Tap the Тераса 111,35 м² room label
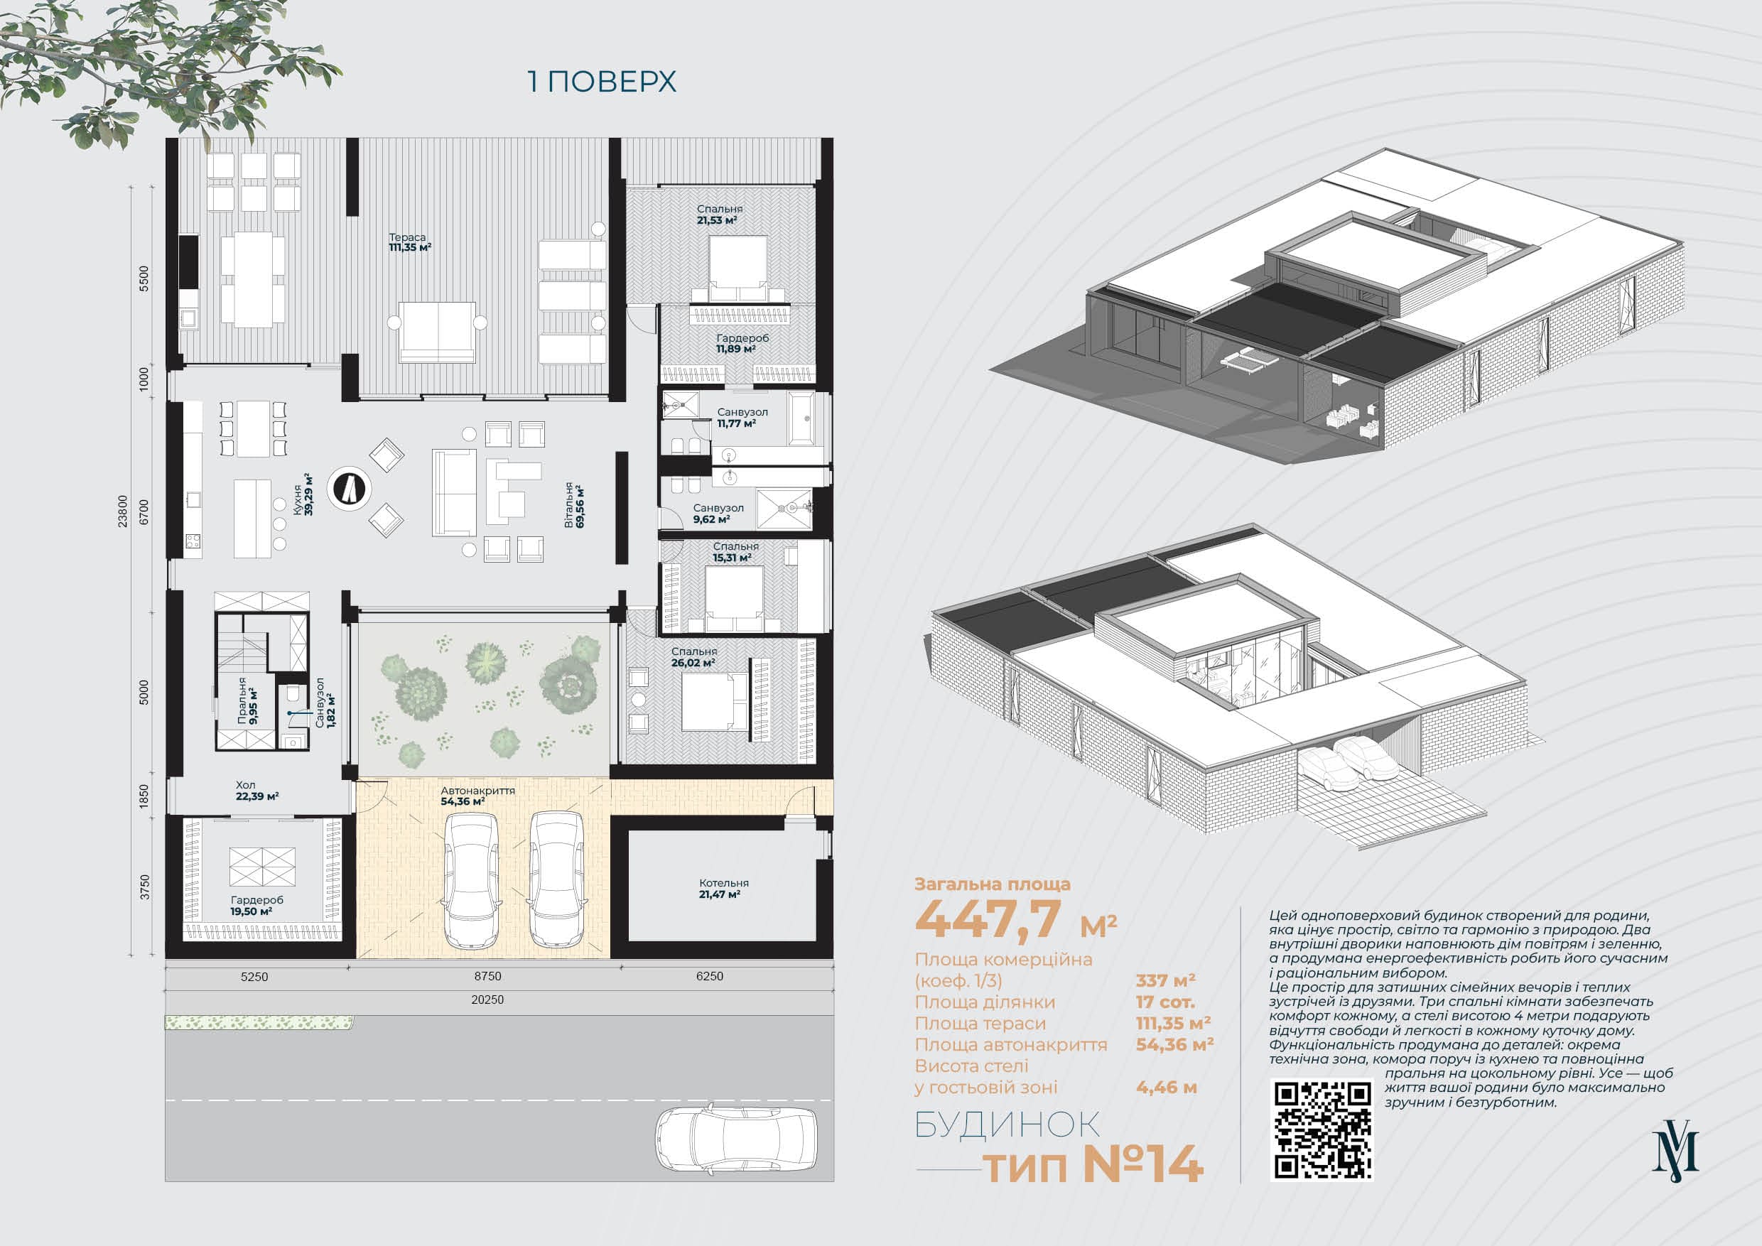click(409, 242)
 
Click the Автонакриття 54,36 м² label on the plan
click(477, 796)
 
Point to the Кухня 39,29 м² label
click(303, 494)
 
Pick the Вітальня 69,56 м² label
click(574, 506)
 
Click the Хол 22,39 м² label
click(256, 790)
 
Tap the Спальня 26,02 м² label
click(693, 657)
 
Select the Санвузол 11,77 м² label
click(742, 418)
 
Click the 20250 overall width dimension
click(487, 999)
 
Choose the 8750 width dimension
click(487, 977)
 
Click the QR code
click(1322, 1129)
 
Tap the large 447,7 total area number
click(988, 918)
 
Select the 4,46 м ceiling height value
click(1166, 1087)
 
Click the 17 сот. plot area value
click(1165, 1002)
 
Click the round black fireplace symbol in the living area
click(350, 488)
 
